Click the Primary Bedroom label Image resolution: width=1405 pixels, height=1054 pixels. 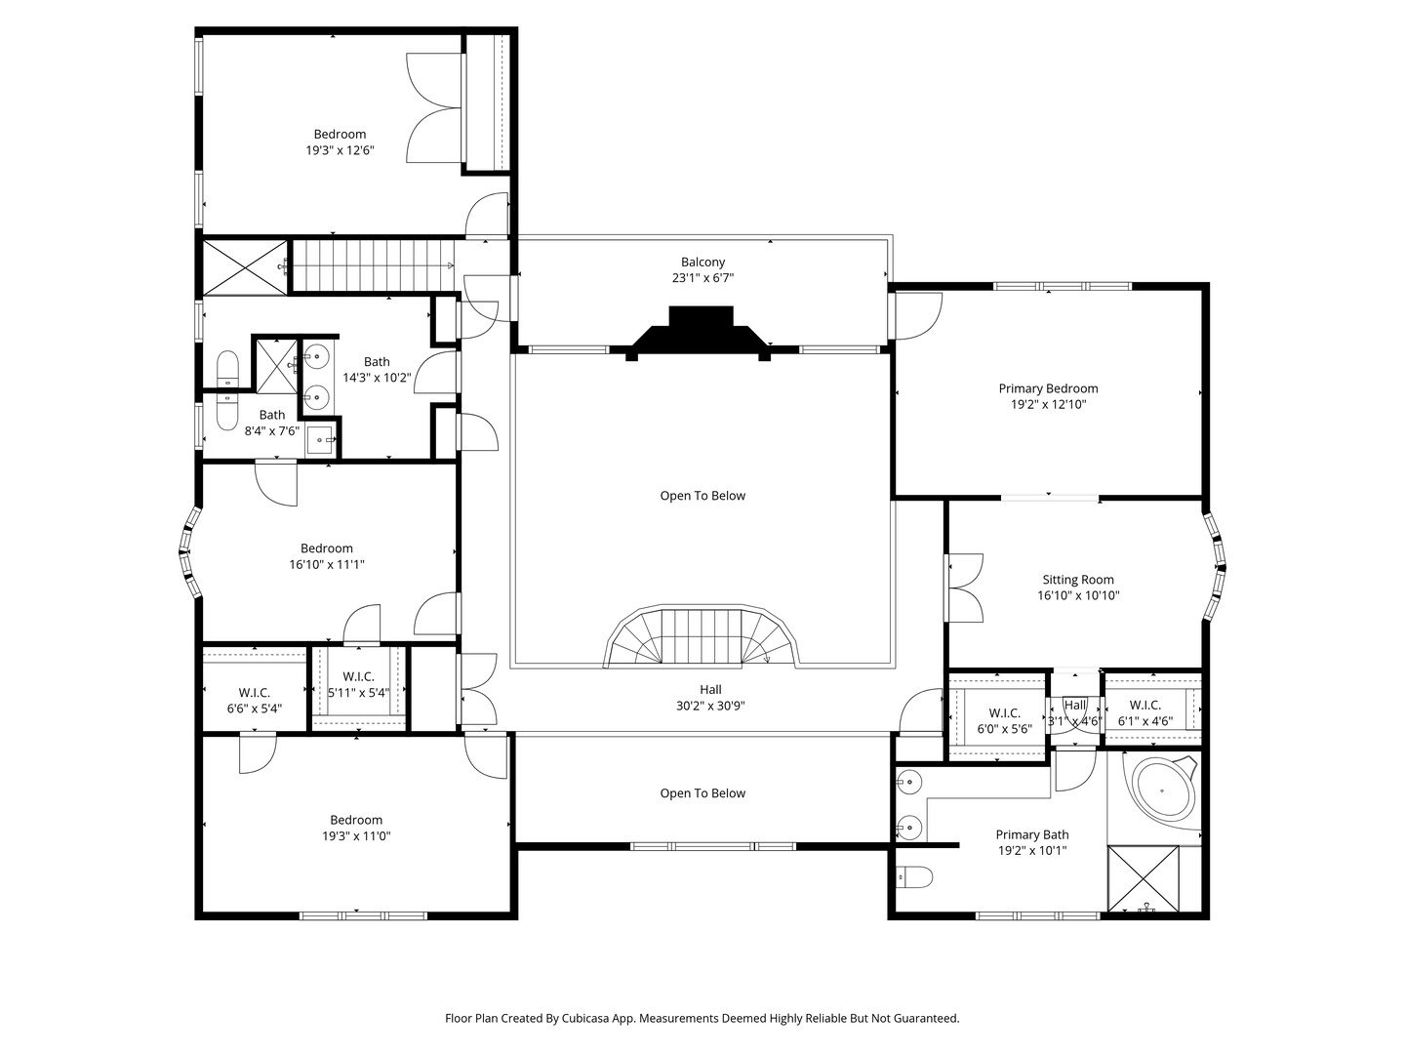[x=1048, y=388]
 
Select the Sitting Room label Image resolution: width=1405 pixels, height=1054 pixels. [x=1077, y=580]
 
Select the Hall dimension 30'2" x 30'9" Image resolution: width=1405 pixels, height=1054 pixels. [x=710, y=706]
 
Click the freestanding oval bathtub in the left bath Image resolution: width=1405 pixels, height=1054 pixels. [x=226, y=390]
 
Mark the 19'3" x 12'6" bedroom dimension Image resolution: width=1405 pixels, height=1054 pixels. [x=340, y=150]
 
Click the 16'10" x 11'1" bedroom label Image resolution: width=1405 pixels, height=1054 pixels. [x=326, y=548]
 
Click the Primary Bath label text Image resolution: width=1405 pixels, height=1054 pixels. [x=1031, y=834]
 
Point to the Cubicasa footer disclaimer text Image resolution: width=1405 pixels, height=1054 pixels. [x=702, y=1018]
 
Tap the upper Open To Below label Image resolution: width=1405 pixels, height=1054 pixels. [x=702, y=496]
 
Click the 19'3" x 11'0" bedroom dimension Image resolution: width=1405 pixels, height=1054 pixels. [x=356, y=836]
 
